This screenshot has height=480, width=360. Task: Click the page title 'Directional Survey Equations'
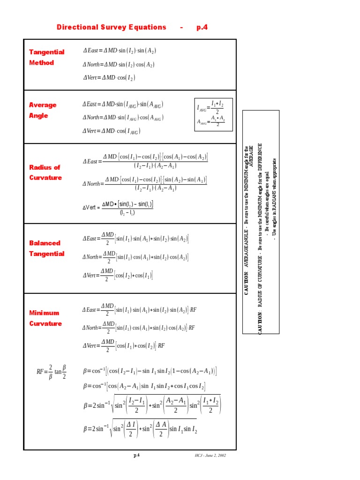(x=112, y=27)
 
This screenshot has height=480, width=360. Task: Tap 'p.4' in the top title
(x=202, y=27)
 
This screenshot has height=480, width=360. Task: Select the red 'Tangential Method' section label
(x=46, y=57)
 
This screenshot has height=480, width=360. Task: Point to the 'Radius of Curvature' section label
(x=45, y=172)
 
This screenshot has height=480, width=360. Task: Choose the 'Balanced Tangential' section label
(x=46, y=248)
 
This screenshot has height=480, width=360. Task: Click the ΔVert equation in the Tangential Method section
(x=109, y=78)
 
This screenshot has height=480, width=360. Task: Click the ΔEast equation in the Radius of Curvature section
(x=145, y=161)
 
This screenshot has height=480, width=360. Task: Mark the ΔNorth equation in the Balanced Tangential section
(x=135, y=257)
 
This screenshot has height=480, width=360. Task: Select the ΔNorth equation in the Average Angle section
(x=123, y=118)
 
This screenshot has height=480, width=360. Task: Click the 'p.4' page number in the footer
(x=136, y=455)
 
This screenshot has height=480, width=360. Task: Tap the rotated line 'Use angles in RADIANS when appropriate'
(x=275, y=198)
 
